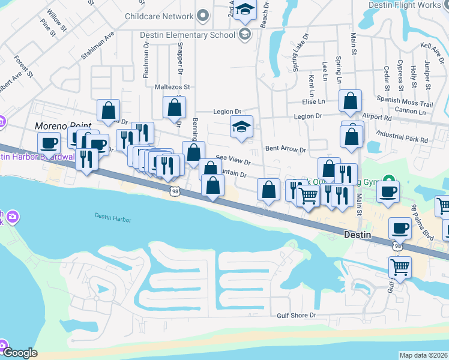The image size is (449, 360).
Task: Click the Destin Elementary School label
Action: tap(187, 35)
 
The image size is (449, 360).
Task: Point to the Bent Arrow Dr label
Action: tap(286, 148)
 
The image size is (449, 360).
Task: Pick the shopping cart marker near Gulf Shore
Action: tap(399, 266)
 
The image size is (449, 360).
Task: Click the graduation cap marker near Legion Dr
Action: tap(242, 127)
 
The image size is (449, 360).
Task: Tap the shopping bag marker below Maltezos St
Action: tap(174, 107)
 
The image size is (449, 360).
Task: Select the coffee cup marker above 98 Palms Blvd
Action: tap(388, 191)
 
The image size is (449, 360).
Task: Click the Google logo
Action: tap(20, 353)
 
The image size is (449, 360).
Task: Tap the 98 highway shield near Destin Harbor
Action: tap(174, 191)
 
